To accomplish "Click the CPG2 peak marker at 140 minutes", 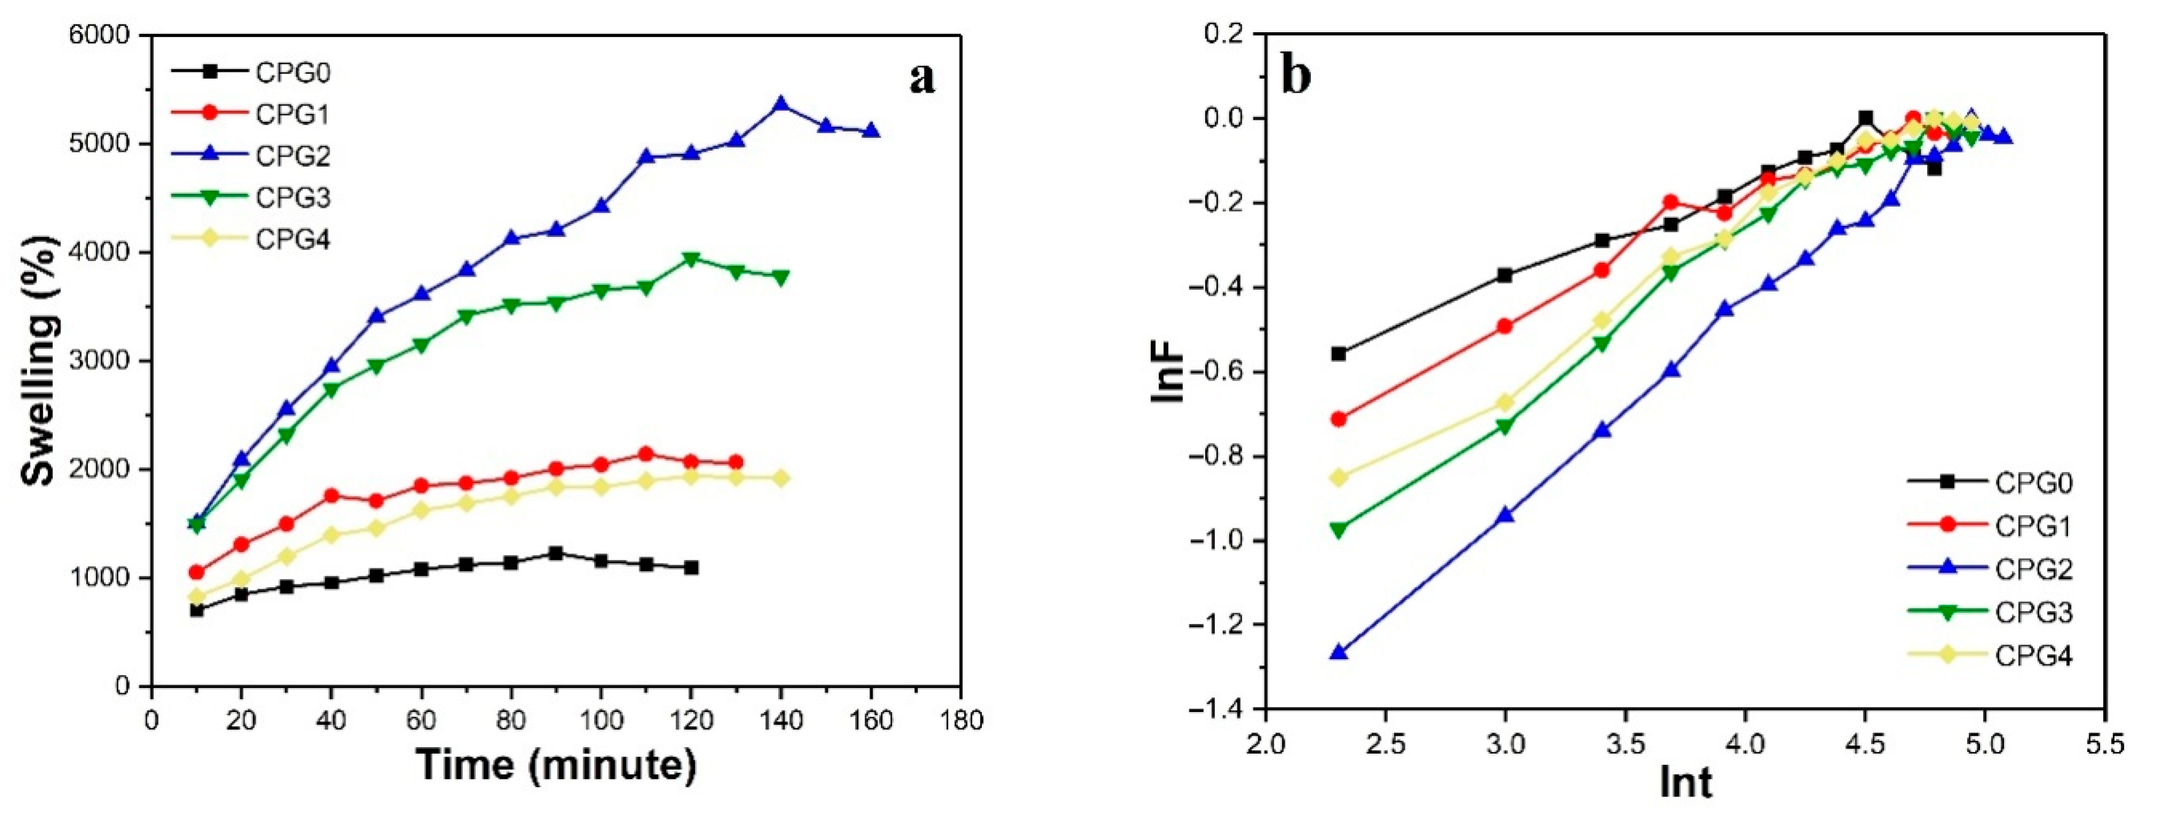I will [781, 104].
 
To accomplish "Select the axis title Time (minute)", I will [557, 766].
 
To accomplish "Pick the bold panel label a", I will [922, 77].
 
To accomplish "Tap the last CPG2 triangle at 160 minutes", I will [871, 131].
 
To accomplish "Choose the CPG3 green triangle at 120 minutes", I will [691, 259].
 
